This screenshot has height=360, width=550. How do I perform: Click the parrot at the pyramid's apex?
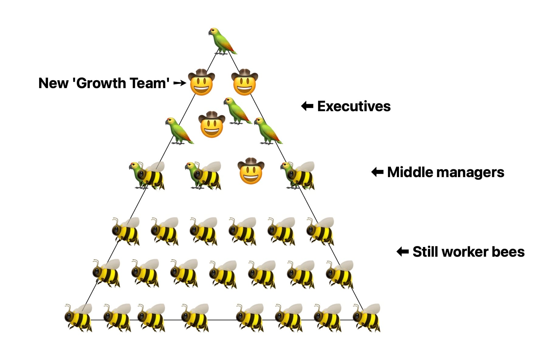[222, 41]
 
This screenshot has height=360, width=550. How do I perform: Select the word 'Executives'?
[354, 106]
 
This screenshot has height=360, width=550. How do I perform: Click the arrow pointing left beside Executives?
[307, 106]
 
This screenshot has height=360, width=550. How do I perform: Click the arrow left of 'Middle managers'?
[377, 172]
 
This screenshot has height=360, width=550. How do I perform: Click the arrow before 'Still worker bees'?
[403, 252]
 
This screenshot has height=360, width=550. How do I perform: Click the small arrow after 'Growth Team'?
[180, 83]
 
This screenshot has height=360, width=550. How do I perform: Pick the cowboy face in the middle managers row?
[251, 171]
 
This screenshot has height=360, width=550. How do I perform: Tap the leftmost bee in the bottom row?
[78, 318]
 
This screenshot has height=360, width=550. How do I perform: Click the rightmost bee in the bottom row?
[366, 318]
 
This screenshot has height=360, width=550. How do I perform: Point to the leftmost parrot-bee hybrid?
[147, 176]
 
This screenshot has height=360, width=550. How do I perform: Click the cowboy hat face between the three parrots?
[212, 125]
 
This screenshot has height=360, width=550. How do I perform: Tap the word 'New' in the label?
[53, 83]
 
